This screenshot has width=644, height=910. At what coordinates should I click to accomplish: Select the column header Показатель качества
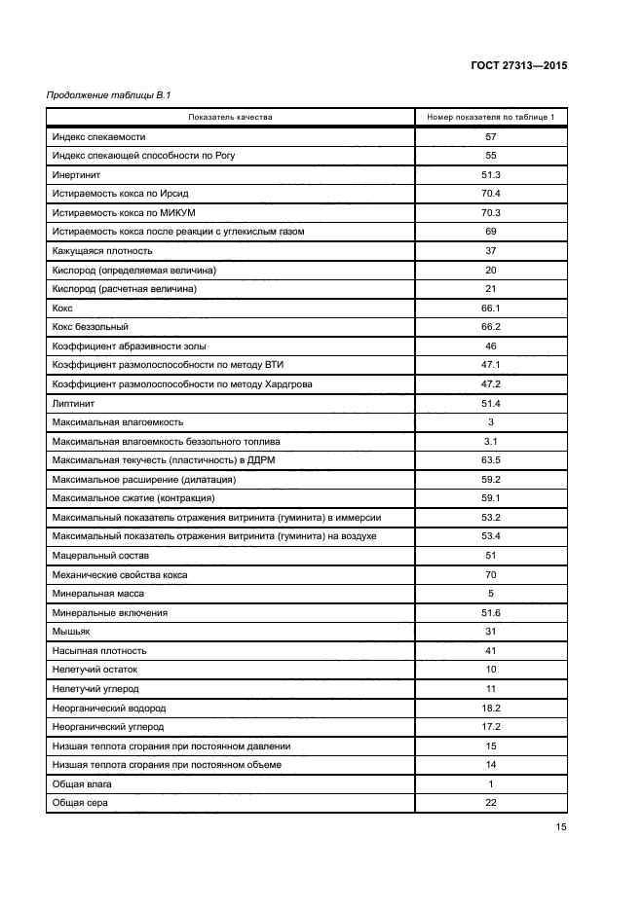pos(231,118)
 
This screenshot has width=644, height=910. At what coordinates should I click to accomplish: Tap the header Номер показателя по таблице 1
pos(491,118)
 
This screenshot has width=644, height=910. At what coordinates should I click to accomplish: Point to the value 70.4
pos(491,194)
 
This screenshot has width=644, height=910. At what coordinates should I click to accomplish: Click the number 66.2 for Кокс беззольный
pos(491,326)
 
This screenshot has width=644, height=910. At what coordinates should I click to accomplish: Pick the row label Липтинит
pos(74,402)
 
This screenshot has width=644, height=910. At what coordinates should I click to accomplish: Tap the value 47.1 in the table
pos(491,364)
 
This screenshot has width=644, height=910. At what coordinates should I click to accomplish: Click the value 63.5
pos(491,459)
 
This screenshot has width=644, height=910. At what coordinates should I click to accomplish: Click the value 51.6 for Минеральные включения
pos(491,612)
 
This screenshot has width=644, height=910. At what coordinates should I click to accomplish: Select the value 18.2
pos(491,708)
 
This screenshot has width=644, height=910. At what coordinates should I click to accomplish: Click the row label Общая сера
pos(81,803)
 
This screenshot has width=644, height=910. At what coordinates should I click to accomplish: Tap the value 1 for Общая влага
pos(491,783)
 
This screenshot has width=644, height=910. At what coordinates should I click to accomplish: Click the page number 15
pos(561,827)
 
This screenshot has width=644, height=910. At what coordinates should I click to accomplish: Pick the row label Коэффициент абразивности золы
pos(130,346)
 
